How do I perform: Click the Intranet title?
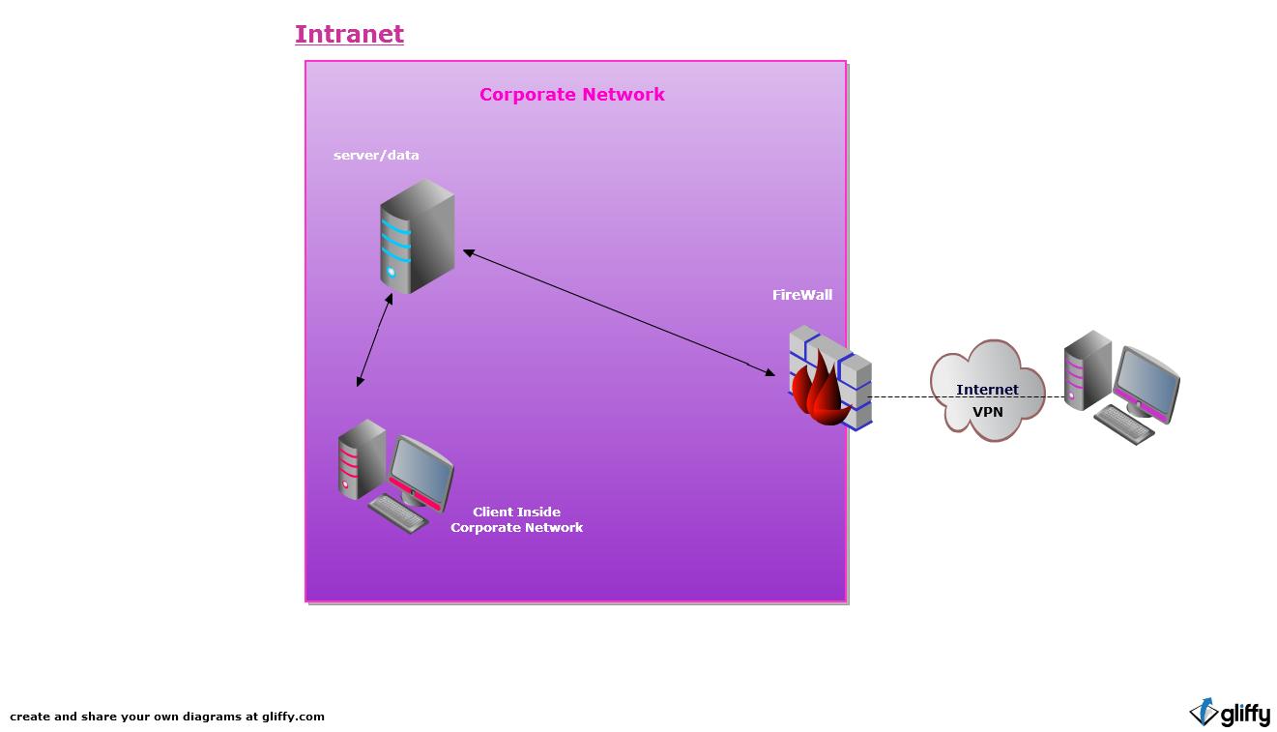[349, 34]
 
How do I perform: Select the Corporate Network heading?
[571, 95]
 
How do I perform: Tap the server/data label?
[376, 155]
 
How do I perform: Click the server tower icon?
[417, 237]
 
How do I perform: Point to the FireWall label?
[801, 295]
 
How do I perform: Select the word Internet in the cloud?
[987, 390]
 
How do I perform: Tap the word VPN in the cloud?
[987, 412]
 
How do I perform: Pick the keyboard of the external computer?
[1123, 424]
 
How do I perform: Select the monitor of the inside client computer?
[421, 470]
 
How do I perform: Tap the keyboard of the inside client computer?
[398, 513]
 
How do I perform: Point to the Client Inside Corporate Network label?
[517, 519]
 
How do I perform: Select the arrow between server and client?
[375, 339]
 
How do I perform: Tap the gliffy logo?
[1230, 714]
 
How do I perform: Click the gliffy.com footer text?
[167, 717]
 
